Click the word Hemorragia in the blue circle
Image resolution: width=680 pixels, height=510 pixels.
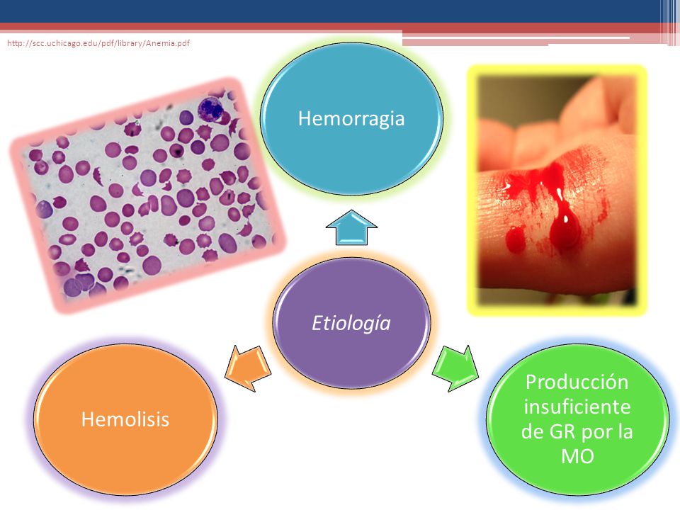click(351, 119)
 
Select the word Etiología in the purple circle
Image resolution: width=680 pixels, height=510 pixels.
click(351, 324)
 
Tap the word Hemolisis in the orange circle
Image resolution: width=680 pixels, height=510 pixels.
click(125, 419)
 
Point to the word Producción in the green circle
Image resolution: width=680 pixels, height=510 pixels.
click(577, 382)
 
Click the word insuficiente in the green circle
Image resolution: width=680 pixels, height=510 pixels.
click(577, 407)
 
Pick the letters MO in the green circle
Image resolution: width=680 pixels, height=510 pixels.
click(577, 456)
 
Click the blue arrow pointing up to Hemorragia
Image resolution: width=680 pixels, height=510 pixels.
click(352, 227)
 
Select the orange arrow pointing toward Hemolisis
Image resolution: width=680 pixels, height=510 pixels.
click(248, 368)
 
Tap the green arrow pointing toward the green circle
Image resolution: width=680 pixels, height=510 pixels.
click(455, 368)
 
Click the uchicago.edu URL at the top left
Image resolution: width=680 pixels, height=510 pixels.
click(98, 43)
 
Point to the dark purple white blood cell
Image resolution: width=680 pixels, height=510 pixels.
click(211, 109)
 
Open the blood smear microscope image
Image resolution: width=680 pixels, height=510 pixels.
click(147, 195)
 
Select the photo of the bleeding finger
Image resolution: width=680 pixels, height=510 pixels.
click(557, 190)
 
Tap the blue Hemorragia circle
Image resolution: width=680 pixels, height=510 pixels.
click(352, 118)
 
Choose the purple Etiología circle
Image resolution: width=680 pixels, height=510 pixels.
click(352, 323)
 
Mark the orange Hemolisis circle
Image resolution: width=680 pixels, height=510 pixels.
click(126, 419)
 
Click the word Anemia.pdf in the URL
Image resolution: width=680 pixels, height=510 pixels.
click(168, 43)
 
